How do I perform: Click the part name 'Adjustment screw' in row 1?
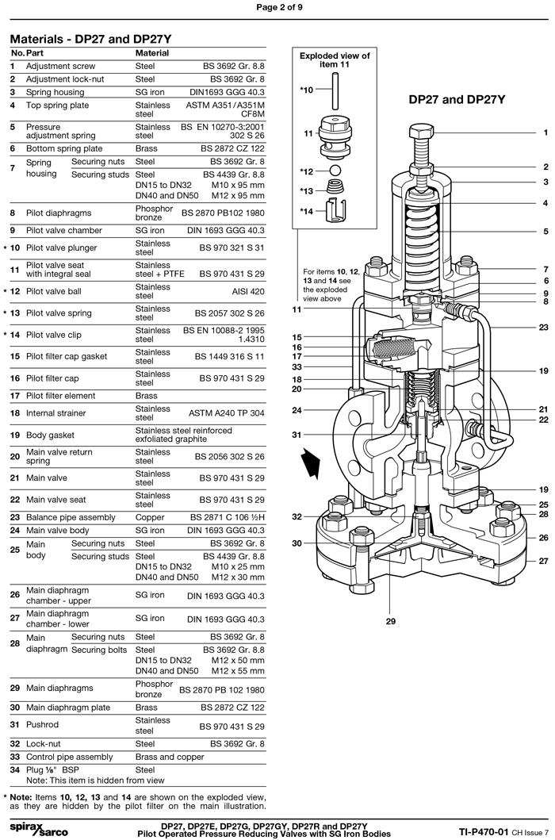coord(60,67)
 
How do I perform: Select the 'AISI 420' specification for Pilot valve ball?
coord(244,291)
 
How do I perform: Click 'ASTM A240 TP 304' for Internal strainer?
coord(226,413)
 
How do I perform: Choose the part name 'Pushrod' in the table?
coord(44,726)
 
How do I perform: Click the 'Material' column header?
coord(152,53)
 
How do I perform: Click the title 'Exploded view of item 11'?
coord(334,60)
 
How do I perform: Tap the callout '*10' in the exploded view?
coord(307,91)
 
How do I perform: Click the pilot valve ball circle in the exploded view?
coord(335,171)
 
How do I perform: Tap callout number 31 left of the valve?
coord(296,435)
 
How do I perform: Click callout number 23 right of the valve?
coord(543,327)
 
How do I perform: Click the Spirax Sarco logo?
coord(38,827)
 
